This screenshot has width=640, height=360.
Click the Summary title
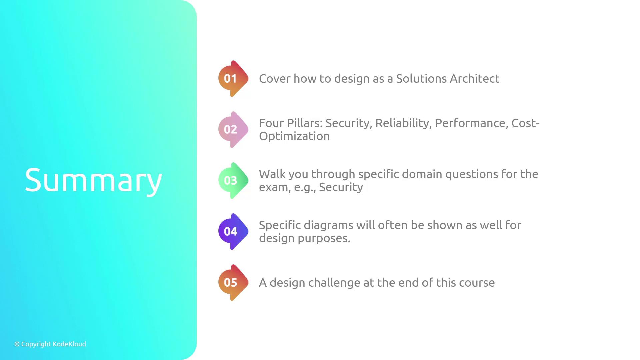(93, 180)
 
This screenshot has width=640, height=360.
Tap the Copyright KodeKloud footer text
(50, 344)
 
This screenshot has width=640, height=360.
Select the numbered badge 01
(233, 79)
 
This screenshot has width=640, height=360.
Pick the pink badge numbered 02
(233, 130)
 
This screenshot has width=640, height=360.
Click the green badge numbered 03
(233, 181)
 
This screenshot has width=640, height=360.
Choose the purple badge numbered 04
(233, 232)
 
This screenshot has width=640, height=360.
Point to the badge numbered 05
(233, 283)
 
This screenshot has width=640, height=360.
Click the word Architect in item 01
(475, 79)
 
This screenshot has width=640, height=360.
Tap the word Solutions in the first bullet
(421, 79)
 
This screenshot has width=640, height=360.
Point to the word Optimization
(294, 137)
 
